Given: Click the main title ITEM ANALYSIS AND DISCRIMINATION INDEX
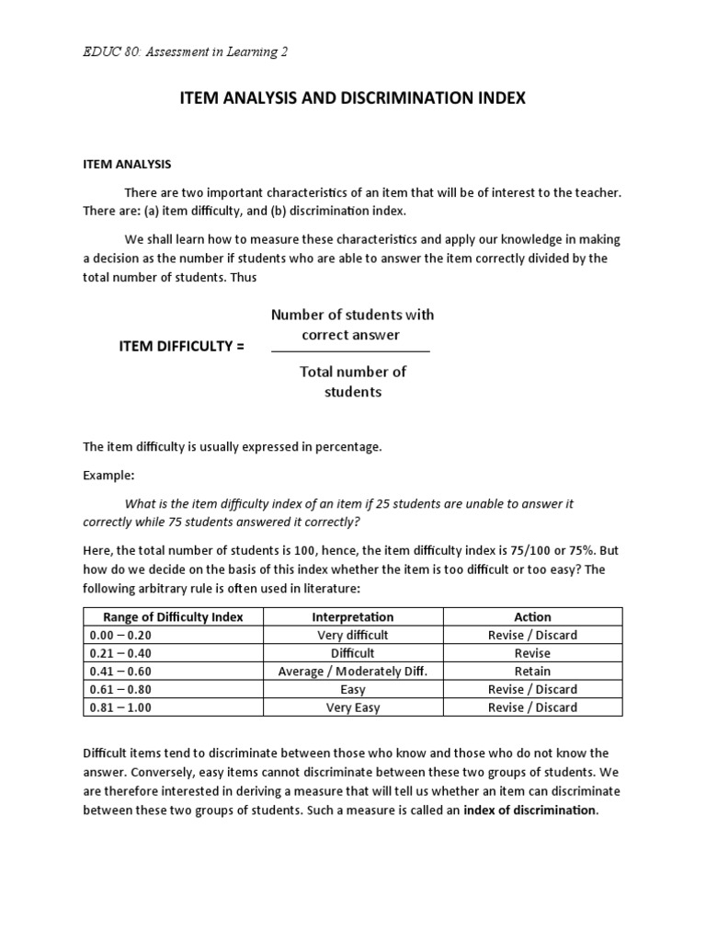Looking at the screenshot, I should coord(352,98).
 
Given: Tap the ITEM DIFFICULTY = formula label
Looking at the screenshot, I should coord(182,346).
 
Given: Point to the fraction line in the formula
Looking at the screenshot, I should coord(349,351).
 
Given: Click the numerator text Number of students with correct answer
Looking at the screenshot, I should coord(352,325).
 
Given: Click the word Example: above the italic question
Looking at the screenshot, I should coord(108,476).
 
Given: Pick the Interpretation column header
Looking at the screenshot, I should coord(352,617).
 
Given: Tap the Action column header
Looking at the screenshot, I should coord(532,617).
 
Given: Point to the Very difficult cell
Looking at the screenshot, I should coord(352,636).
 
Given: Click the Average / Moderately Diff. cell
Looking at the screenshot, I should coord(352,672).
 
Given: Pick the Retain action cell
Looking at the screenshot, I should coord(532,672).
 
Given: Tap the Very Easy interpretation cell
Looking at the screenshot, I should coord(352,707).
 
